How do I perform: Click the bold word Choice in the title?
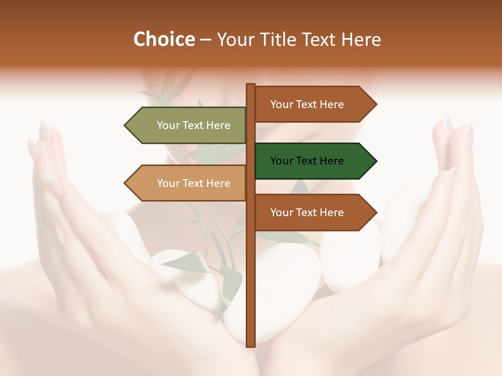[164, 39]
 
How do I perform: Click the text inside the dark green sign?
[307, 161]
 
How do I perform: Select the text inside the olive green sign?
[193, 125]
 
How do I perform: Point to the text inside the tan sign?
[193, 183]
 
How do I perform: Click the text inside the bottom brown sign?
[307, 213]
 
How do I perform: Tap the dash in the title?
[206, 40]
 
